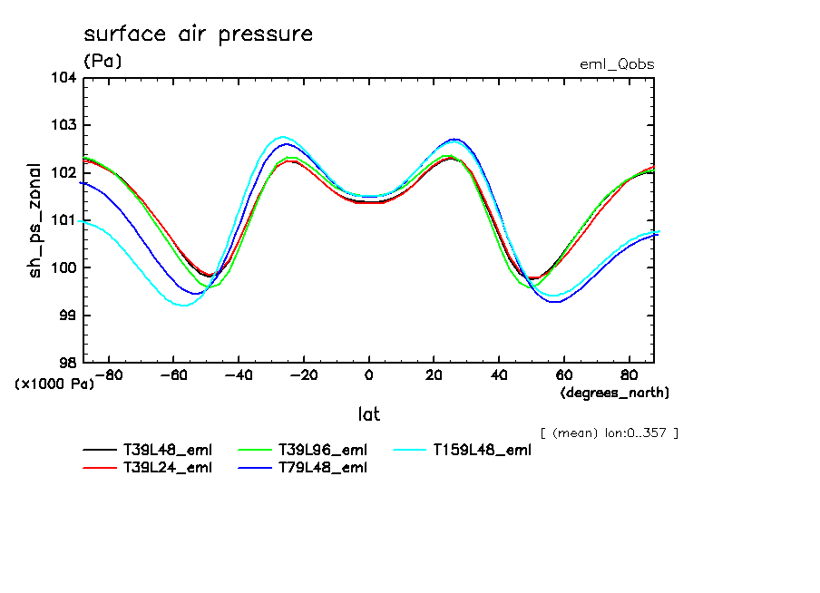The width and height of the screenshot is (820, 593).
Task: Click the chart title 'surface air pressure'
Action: pos(198,34)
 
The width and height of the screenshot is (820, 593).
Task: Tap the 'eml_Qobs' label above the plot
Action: pos(617,64)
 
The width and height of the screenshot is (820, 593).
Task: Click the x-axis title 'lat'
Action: pos(368,414)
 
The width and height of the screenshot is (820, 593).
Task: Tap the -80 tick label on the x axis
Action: pos(109,374)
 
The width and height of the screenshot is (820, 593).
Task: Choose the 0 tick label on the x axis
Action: pos(369,374)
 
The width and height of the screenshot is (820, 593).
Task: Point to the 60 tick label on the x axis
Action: pos(564,374)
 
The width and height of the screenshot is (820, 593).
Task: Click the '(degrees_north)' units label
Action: pos(615,393)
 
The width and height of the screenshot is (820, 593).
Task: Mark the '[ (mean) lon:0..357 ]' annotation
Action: pos(609,433)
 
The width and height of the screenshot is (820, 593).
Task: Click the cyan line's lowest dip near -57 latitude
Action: pos(183,306)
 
